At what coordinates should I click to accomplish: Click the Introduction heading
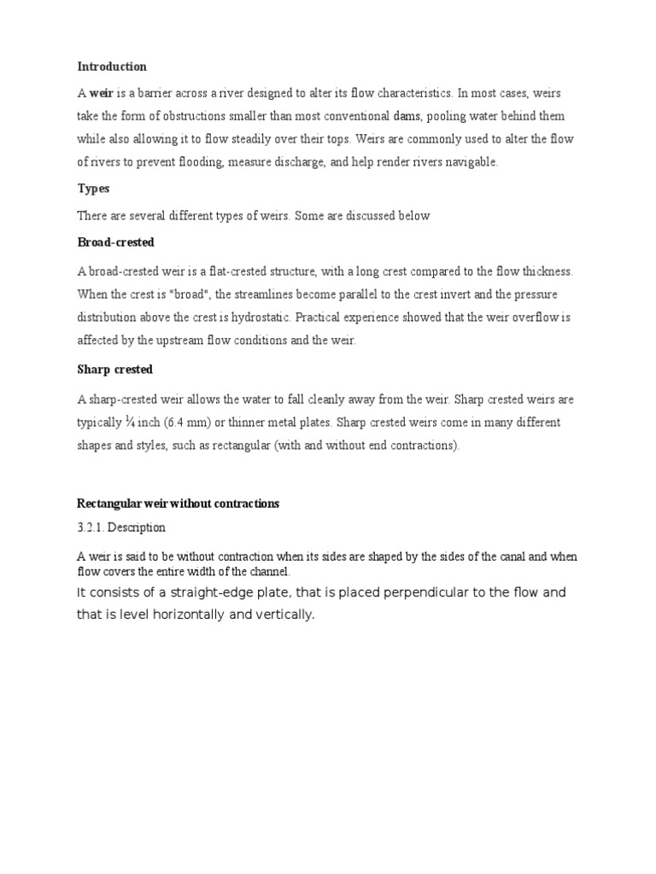pyautogui.click(x=112, y=67)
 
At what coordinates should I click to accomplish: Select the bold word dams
pyautogui.click(x=407, y=116)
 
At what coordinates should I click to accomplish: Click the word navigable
pyautogui.click(x=466, y=162)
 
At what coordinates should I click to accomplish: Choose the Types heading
pyautogui.click(x=93, y=189)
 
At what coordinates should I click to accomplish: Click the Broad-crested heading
pyautogui.click(x=116, y=242)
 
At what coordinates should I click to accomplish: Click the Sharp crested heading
pyautogui.click(x=115, y=370)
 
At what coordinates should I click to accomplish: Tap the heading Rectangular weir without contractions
pyautogui.click(x=178, y=504)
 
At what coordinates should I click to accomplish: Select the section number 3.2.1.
pyautogui.click(x=91, y=528)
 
